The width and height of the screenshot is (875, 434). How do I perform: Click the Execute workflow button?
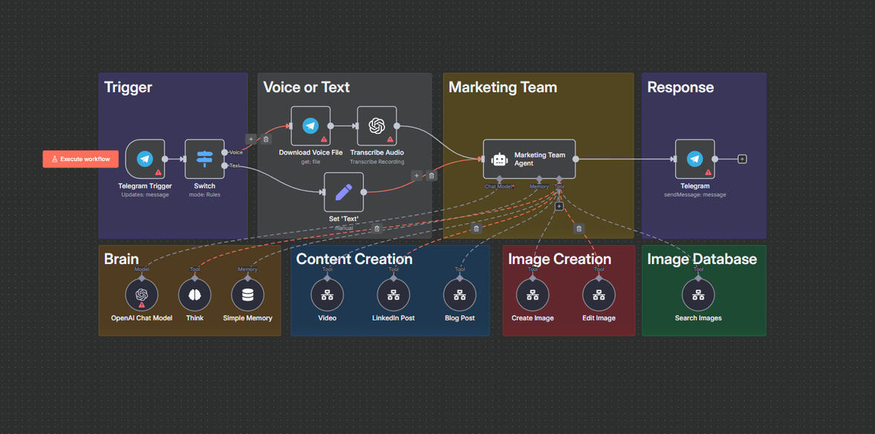(x=80, y=159)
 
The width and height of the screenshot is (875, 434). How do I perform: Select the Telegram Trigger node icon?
(x=145, y=159)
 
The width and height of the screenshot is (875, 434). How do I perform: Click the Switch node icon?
(x=204, y=159)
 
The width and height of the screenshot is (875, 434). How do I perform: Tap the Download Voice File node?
(x=310, y=126)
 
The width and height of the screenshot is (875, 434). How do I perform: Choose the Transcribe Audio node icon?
(x=377, y=126)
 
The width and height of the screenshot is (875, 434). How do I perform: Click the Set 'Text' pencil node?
(x=344, y=192)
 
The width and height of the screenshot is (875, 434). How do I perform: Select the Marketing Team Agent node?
(x=529, y=159)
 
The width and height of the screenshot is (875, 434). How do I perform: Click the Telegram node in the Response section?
(x=695, y=159)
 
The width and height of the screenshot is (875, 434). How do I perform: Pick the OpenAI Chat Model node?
(x=141, y=295)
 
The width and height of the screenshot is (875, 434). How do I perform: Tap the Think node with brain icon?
(x=195, y=295)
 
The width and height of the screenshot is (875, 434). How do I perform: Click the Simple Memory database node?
(x=247, y=295)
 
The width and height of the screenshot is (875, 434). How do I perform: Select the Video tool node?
(x=327, y=295)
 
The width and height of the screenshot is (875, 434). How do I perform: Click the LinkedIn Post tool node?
(x=393, y=295)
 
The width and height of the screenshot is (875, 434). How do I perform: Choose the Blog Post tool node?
(x=460, y=295)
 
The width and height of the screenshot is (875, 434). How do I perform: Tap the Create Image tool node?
(x=533, y=295)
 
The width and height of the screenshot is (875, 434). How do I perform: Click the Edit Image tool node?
(x=599, y=295)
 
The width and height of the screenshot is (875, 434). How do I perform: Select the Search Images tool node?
(x=698, y=295)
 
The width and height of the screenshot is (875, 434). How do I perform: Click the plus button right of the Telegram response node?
(x=742, y=159)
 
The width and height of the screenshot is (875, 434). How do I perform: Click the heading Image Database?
(x=702, y=259)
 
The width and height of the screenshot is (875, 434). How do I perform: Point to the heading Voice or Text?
(x=306, y=88)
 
